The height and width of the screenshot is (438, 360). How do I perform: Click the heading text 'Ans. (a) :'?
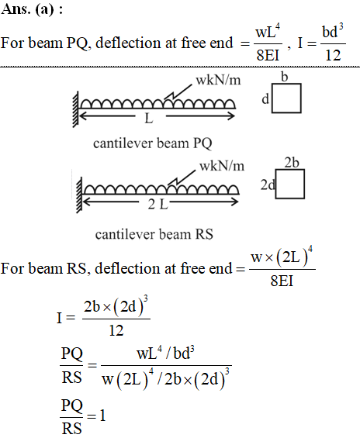[x=32, y=9]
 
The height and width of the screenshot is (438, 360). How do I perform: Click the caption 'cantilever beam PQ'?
[x=153, y=143]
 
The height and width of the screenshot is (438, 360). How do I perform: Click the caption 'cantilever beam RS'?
[x=154, y=234]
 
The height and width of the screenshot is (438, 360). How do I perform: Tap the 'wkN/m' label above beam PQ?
[x=218, y=80]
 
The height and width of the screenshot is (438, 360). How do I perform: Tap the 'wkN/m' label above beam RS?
[x=222, y=166]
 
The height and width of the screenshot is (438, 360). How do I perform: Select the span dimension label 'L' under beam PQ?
[x=149, y=119]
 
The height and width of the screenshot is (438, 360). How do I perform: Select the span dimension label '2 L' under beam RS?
[x=158, y=205]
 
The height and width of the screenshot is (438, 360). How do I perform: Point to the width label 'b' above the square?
[x=284, y=77]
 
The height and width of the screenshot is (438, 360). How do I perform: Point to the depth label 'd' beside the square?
[x=265, y=99]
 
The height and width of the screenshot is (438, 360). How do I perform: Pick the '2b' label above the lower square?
[x=292, y=163]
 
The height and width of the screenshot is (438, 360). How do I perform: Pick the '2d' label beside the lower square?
[x=268, y=185]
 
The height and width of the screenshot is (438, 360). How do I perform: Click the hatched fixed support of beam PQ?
[x=76, y=109]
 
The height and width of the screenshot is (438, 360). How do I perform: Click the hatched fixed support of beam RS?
[x=79, y=195]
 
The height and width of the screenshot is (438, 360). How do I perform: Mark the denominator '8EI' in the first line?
[x=268, y=55]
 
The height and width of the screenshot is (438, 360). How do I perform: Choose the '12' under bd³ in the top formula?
[x=333, y=55]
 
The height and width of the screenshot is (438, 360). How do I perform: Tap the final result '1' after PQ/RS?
[x=102, y=416]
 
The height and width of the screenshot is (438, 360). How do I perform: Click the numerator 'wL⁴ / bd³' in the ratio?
[x=165, y=354]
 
